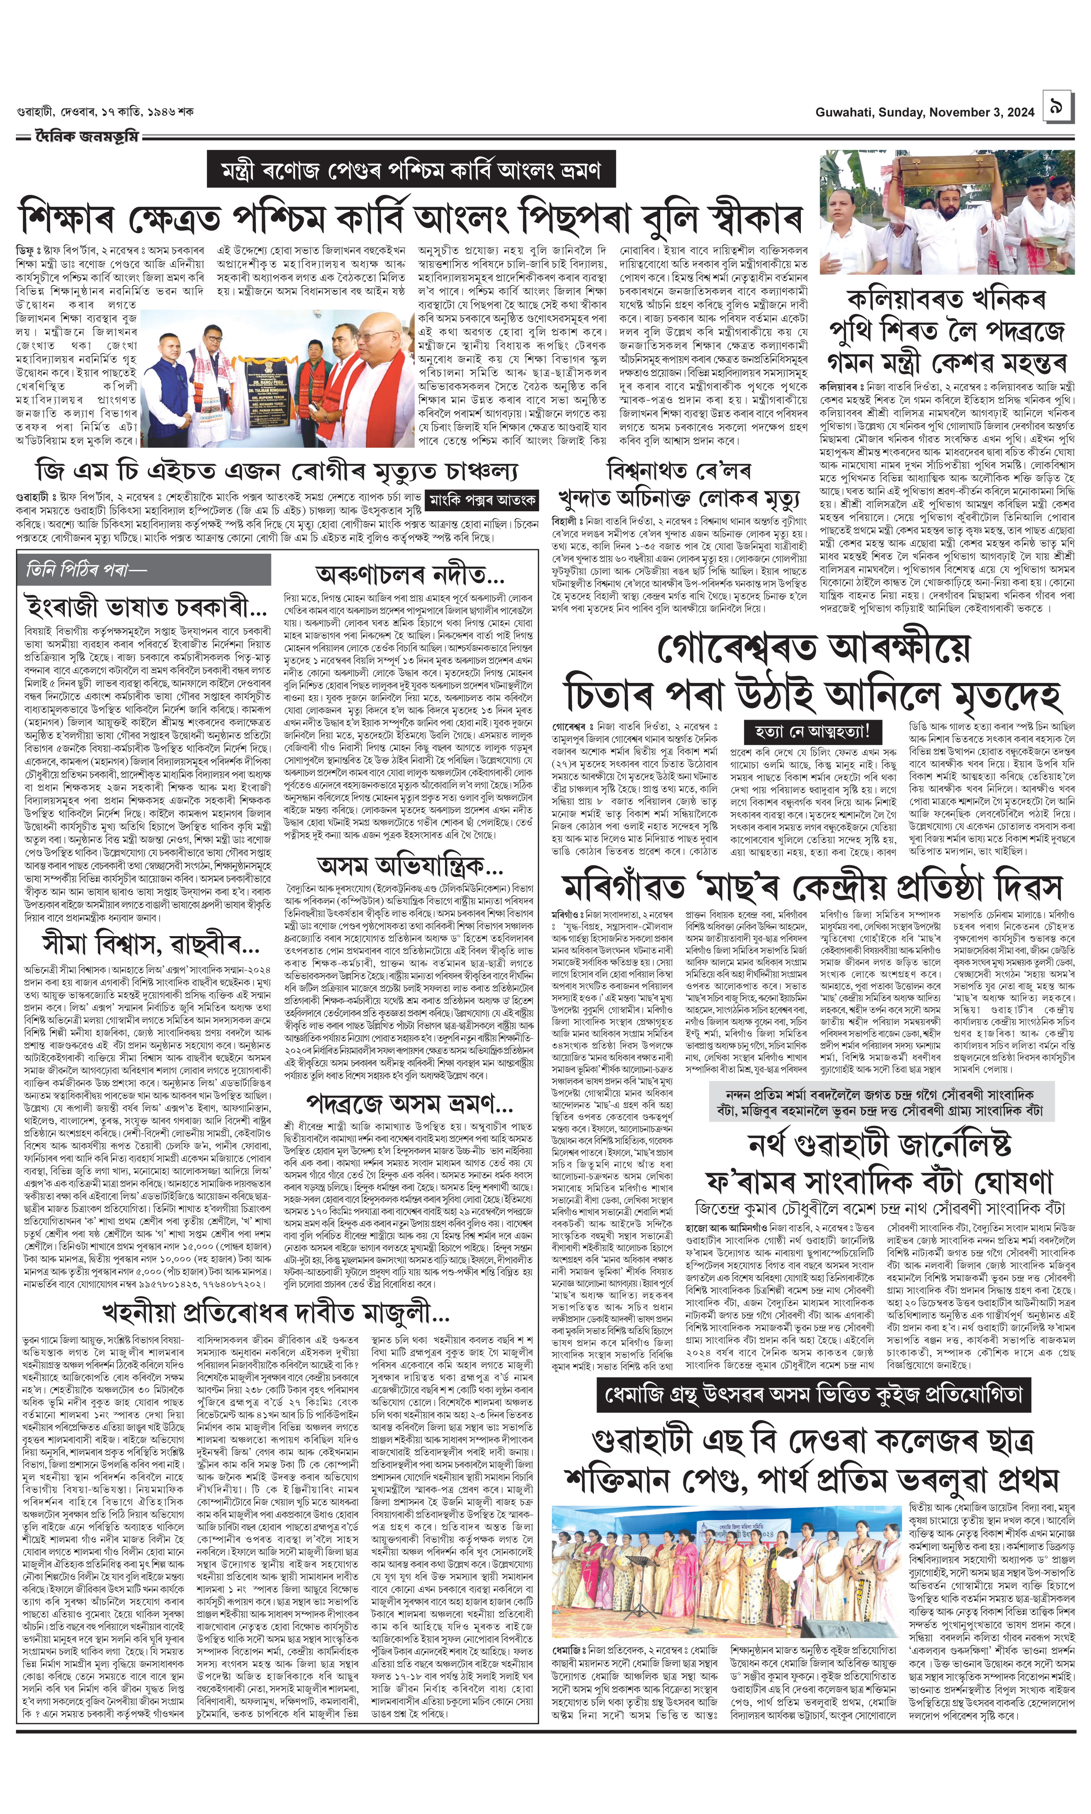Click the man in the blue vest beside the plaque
pyautogui.click(x=171, y=382)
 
